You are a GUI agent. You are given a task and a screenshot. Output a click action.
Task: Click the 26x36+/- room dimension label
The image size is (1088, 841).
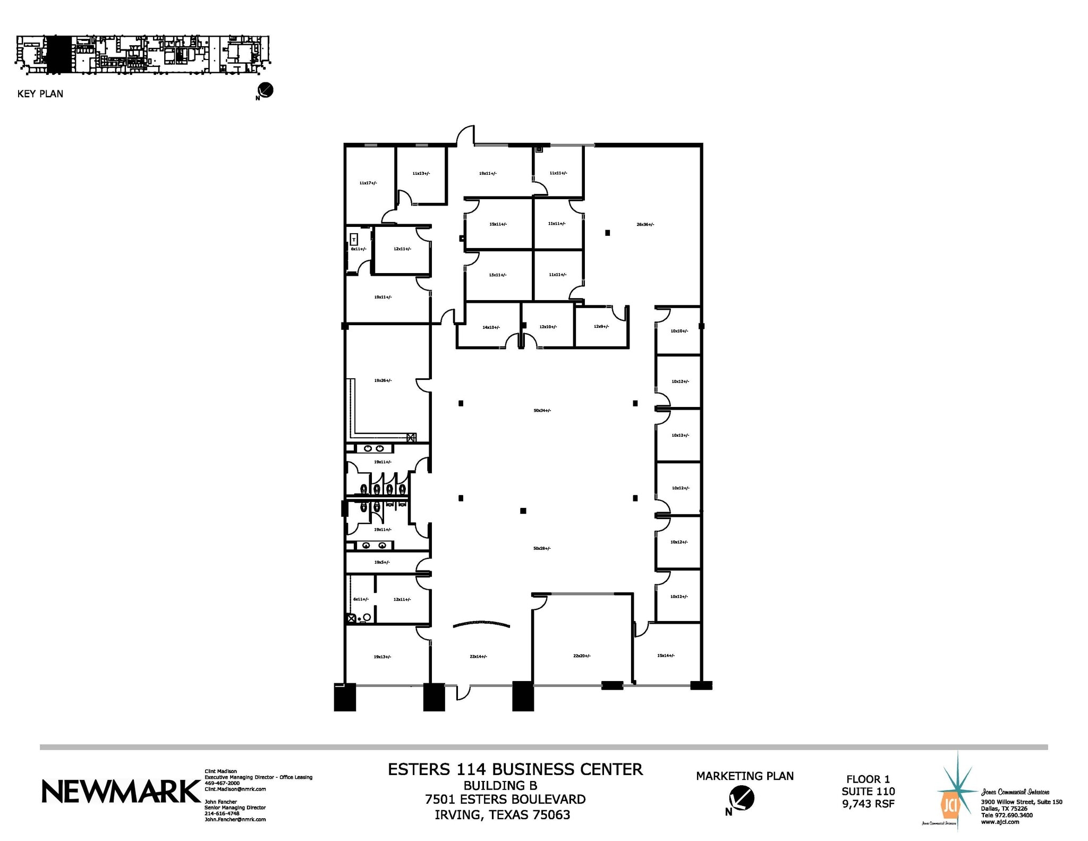645,225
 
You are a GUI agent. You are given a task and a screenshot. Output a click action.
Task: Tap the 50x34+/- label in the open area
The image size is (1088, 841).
542,411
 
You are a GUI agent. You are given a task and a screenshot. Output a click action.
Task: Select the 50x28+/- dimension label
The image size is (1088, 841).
542,548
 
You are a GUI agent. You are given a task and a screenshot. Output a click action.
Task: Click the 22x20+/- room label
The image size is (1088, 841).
582,656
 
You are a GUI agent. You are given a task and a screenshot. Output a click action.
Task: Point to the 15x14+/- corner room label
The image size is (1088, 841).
666,656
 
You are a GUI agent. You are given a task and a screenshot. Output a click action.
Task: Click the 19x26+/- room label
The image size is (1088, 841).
382,380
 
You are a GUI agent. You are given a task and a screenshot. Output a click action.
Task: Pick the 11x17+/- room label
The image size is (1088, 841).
368,183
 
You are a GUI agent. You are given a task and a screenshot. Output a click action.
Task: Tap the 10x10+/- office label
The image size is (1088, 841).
679,331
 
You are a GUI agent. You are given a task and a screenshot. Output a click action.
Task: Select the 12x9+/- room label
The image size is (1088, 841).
601,327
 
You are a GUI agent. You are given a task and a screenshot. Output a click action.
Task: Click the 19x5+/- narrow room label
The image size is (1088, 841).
381,562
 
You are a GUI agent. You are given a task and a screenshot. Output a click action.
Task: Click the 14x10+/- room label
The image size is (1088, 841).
491,327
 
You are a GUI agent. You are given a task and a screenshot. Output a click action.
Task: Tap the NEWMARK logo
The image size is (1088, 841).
121,792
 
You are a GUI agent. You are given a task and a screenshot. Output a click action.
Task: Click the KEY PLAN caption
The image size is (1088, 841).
40,94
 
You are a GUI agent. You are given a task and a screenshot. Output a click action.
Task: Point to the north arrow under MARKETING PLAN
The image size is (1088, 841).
742,799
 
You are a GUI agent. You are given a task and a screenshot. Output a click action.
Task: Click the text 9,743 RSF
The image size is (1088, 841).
868,804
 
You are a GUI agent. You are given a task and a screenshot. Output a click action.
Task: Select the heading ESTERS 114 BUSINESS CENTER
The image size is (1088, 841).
515,769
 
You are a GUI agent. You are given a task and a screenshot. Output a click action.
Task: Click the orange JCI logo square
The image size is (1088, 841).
949,807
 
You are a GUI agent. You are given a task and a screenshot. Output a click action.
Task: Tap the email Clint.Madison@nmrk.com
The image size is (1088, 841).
235,789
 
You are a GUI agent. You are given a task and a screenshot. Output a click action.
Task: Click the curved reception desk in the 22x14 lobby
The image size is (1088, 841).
481,624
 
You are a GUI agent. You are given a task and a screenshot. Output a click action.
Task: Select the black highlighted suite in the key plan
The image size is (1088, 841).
58,54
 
